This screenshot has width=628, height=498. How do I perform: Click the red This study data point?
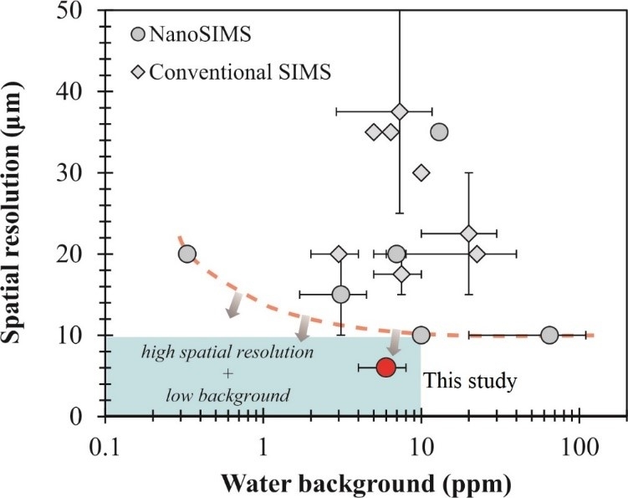point(385,367)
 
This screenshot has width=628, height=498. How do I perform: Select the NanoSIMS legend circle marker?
point(139,35)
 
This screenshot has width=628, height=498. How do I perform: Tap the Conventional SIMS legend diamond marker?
point(139,72)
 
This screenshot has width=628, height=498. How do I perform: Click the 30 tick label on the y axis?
point(81,173)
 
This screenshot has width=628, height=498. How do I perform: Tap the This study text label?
point(471,382)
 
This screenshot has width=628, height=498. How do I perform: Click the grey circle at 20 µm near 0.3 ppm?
point(187,254)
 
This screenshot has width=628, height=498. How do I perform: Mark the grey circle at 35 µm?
point(439,132)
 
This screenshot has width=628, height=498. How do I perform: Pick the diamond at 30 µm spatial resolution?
point(421,172)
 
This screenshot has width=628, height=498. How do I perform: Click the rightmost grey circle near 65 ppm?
point(549,335)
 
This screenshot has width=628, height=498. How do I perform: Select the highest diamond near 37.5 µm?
point(400,111)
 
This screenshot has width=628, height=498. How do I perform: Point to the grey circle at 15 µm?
point(340,294)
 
